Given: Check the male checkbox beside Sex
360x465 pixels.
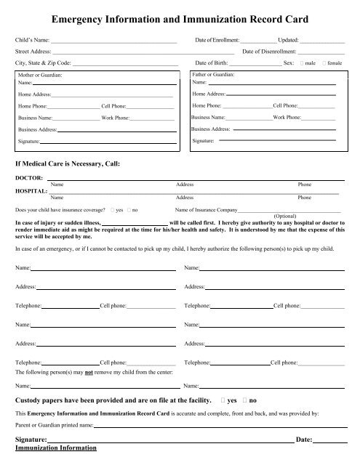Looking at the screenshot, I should [x=303, y=64].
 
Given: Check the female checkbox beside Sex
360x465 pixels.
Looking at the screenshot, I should [x=324, y=64].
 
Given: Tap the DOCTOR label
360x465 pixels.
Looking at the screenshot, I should [x=28, y=177].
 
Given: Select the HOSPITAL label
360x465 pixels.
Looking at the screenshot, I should [x=31, y=190].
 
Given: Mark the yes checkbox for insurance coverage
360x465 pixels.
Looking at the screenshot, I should [x=109, y=209].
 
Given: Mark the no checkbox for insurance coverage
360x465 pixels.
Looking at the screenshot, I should [x=127, y=209].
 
